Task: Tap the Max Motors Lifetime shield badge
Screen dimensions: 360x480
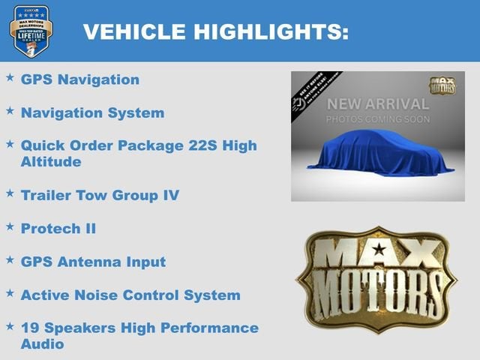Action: point(31,31)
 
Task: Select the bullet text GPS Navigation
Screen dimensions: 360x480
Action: point(80,79)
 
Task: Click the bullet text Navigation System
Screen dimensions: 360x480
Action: point(92,113)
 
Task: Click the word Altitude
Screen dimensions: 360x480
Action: point(51,161)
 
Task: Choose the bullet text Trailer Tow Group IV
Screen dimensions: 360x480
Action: point(100,195)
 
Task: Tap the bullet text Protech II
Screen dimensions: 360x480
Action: point(58,228)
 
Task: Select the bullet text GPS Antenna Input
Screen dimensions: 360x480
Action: point(93,262)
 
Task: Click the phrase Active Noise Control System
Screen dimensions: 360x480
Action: point(130,295)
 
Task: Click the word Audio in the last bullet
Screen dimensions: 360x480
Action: point(43,344)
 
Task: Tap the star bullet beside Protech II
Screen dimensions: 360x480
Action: point(10,226)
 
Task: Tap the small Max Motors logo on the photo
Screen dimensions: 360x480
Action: point(442,85)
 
